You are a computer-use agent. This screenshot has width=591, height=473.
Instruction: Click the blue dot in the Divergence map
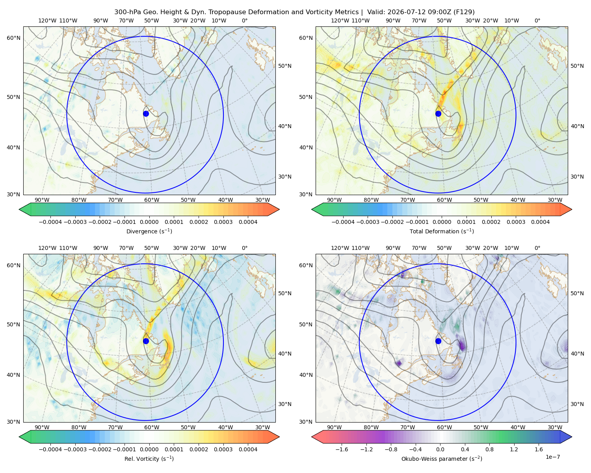146,114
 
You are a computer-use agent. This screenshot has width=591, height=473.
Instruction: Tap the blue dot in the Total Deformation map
438,114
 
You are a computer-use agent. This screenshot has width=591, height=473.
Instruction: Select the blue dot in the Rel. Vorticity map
146,341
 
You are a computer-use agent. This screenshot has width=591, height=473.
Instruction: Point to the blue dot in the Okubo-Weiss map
438,341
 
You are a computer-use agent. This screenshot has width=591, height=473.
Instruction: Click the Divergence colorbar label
149,231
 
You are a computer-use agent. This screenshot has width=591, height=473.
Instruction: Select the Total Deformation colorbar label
442,231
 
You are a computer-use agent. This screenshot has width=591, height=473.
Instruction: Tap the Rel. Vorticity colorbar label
149,458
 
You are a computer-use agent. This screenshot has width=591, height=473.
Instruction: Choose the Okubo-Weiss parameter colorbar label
442,458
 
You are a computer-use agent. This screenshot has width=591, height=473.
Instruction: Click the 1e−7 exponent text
552,457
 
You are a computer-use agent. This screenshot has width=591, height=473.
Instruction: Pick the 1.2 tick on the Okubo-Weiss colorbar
514,449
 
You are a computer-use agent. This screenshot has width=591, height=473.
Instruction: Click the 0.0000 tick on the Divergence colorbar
149,222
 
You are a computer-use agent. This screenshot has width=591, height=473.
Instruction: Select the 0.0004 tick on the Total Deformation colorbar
540,222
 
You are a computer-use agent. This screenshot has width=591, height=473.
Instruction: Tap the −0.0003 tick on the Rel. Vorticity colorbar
75,449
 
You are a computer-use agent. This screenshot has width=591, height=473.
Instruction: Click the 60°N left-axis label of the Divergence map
13,38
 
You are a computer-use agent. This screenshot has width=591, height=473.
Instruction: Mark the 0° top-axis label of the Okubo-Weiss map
537,248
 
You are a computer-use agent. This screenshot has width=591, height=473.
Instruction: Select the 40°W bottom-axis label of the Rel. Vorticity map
225,427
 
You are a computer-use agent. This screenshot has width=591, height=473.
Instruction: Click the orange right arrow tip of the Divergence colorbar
279,209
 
